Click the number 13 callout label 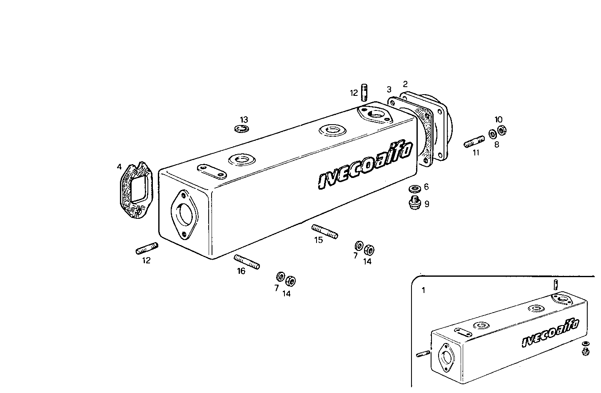pyautogui.click(x=244, y=120)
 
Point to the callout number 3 pyautogui.click(x=389, y=89)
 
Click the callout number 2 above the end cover pyautogui.click(x=405, y=84)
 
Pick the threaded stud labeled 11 pyautogui.click(x=474, y=142)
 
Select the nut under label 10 pyautogui.click(x=502, y=130)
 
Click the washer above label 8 pyautogui.click(x=493, y=134)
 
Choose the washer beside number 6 pyautogui.click(x=414, y=188)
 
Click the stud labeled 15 pyautogui.click(x=324, y=231)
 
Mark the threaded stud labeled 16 pyautogui.click(x=247, y=262)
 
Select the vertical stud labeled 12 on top pyautogui.click(x=365, y=93)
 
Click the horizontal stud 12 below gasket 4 pyautogui.click(x=147, y=248)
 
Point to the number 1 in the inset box pyautogui.click(x=424, y=290)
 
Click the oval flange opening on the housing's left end pyautogui.click(x=184, y=214)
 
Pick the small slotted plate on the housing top pyautogui.click(x=212, y=171)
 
